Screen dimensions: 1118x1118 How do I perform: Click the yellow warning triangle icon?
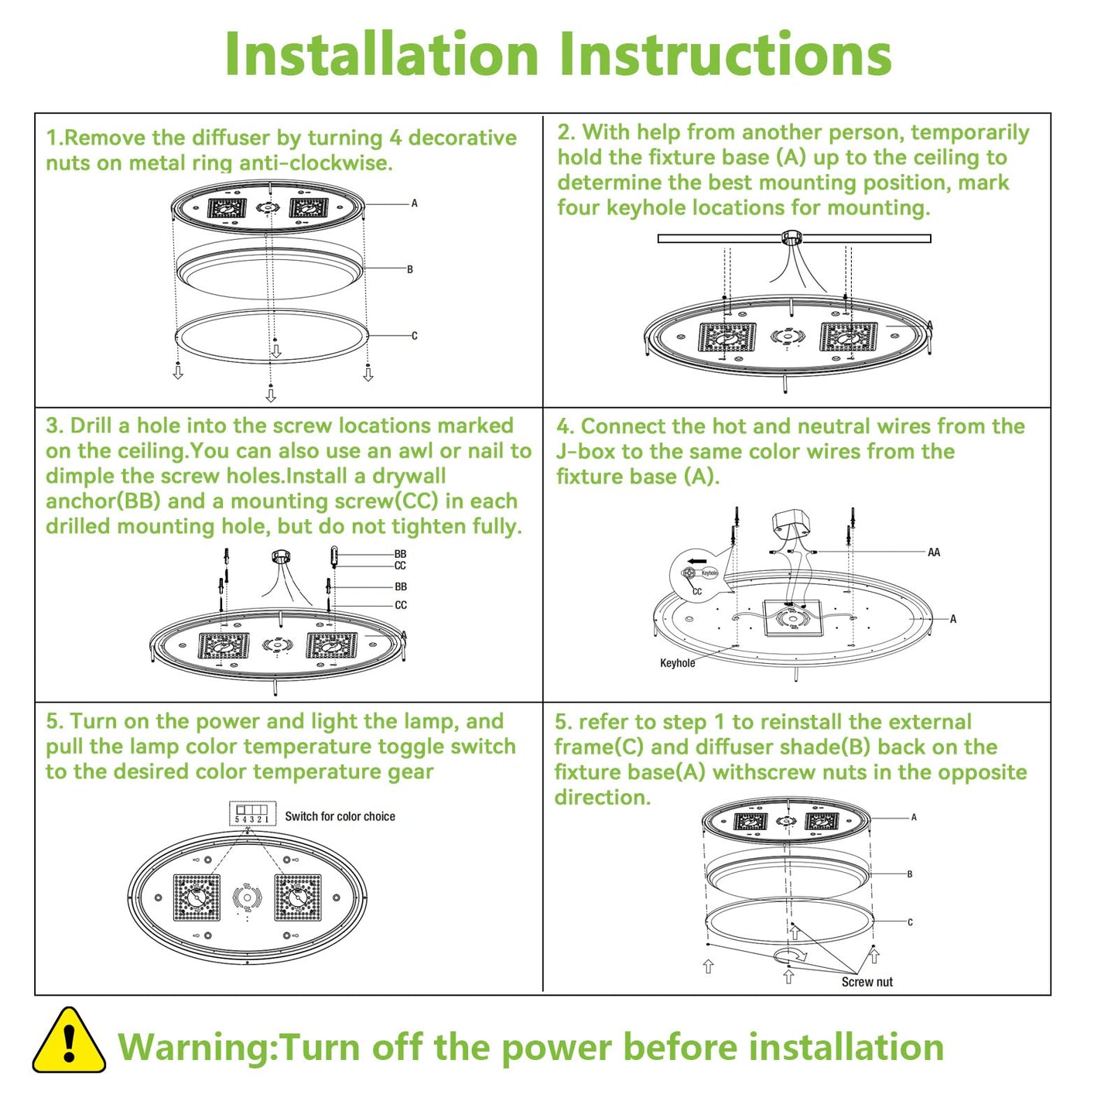click(69, 1041)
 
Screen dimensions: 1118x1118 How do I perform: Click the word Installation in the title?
click(381, 54)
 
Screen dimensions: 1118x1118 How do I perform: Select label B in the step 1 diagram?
click(410, 269)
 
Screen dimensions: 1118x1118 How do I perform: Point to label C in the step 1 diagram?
click(414, 336)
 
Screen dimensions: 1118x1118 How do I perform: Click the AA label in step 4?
click(934, 552)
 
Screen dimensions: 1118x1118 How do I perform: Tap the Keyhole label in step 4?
click(677, 663)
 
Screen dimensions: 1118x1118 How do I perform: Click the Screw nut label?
click(867, 982)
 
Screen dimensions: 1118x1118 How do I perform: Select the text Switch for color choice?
click(340, 816)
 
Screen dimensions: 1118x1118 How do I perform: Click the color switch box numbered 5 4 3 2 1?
click(252, 814)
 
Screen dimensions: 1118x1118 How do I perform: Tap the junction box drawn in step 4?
click(789, 525)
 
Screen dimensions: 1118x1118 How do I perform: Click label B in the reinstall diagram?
click(910, 874)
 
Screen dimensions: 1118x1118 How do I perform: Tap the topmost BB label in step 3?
click(400, 554)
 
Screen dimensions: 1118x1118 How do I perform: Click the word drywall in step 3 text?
click(409, 476)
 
